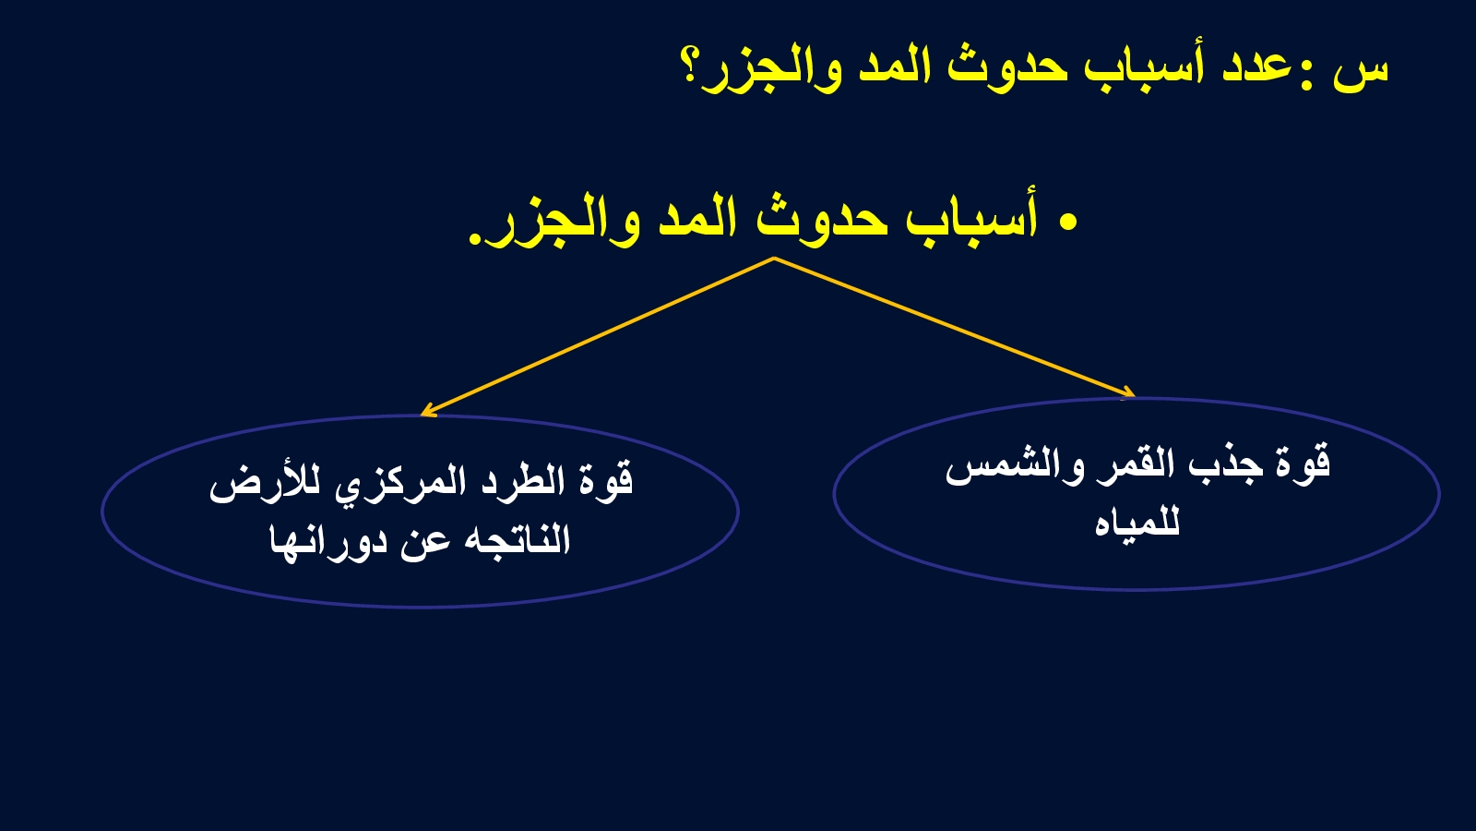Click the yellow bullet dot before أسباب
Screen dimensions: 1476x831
tap(1069, 223)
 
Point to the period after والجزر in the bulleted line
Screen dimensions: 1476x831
tap(474, 240)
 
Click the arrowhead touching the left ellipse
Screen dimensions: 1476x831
tap(427, 411)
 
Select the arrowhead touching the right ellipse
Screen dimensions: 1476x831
tap(1128, 393)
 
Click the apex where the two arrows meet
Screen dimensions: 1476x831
tap(774, 259)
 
